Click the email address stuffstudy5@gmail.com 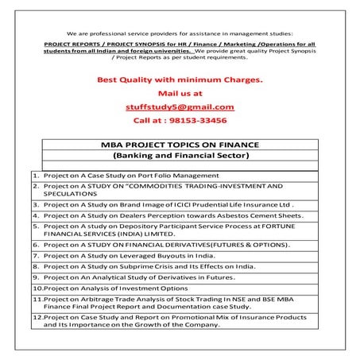point(180,106)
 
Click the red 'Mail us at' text point(180,94)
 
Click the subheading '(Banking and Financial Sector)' point(181,157)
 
